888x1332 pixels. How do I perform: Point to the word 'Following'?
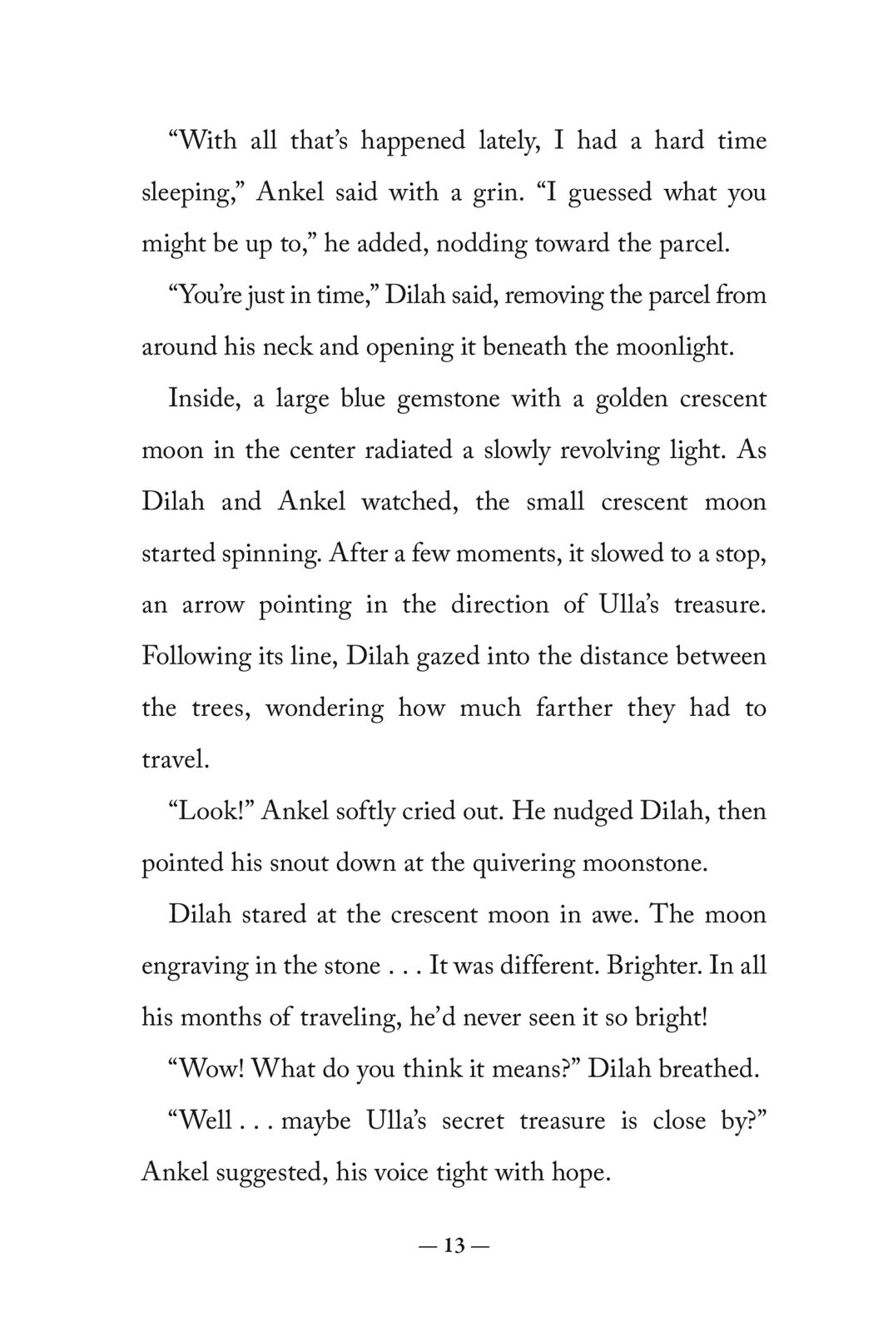tap(197, 657)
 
